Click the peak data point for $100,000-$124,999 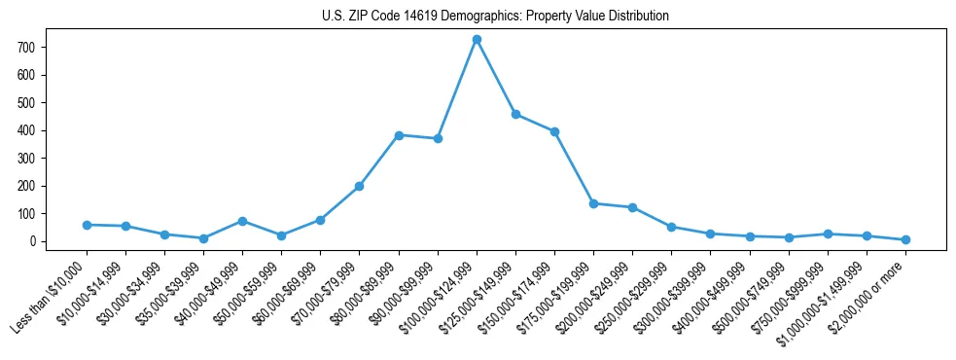coord(477,39)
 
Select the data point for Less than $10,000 coord(87,225)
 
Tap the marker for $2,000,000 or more coord(905,239)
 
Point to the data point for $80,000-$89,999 coord(399,135)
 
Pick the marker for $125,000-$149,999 coord(515,114)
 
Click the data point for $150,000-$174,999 coord(554,131)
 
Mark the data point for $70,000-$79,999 coord(359,186)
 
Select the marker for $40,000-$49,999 coord(242,221)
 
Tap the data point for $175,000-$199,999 coord(593,203)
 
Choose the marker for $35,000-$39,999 coord(203,238)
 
